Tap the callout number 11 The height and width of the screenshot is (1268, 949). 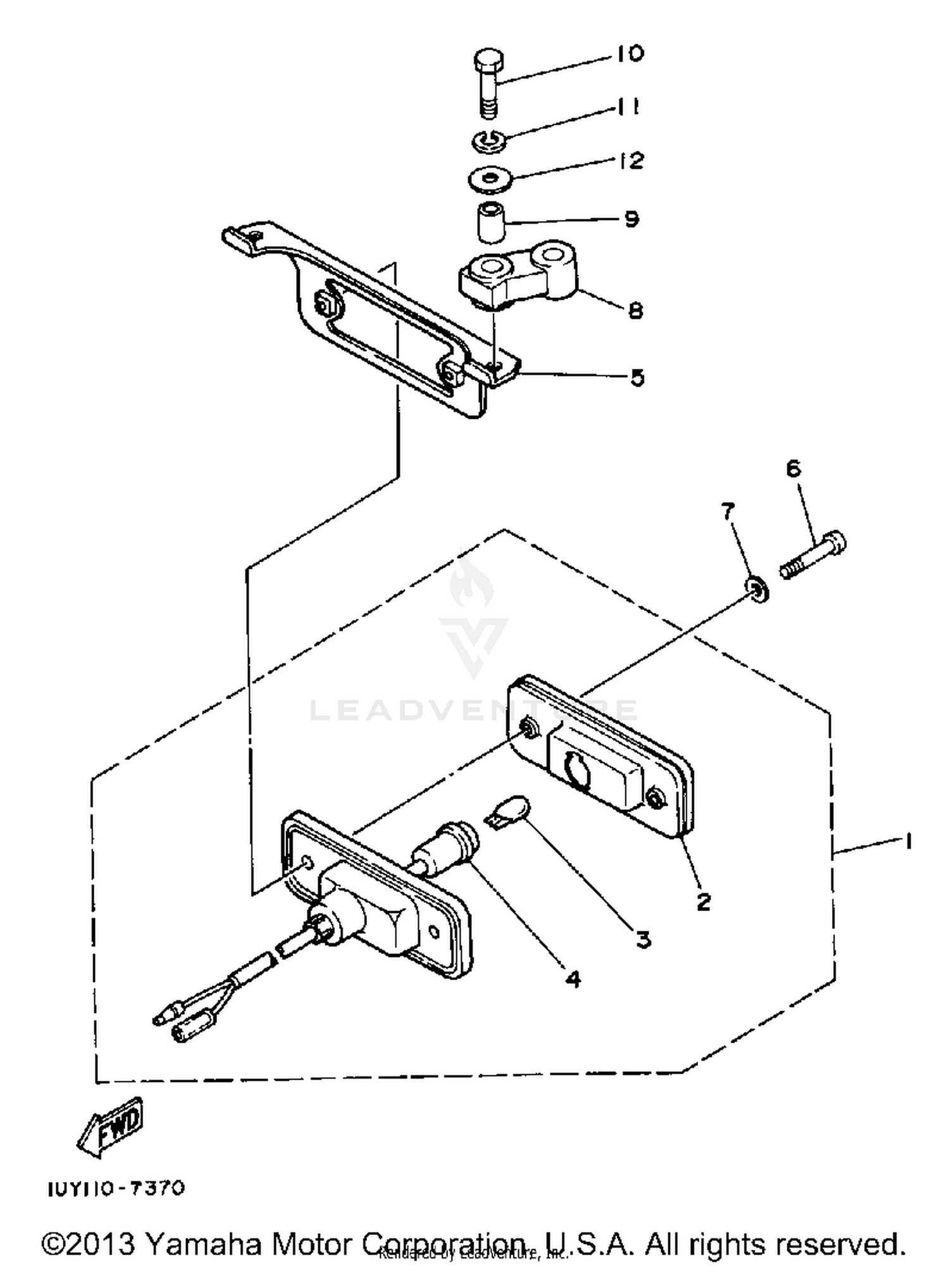626,107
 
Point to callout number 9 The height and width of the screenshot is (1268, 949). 631,219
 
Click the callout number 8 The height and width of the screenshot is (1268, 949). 635,310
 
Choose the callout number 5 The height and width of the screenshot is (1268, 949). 637,378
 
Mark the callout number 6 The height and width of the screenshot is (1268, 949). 793,468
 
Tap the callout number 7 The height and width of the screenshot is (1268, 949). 728,511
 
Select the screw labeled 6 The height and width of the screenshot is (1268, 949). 814,554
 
